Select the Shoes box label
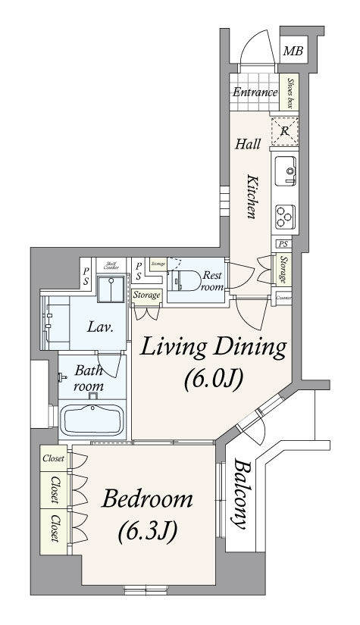pos(289,93)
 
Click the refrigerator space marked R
pos(284,130)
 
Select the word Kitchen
pos(252,195)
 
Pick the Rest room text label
pos(211,282)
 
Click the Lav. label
pos(101,328)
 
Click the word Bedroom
pos(149,500)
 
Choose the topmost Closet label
pos(53,459)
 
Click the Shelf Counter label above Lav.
pos(110,265)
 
